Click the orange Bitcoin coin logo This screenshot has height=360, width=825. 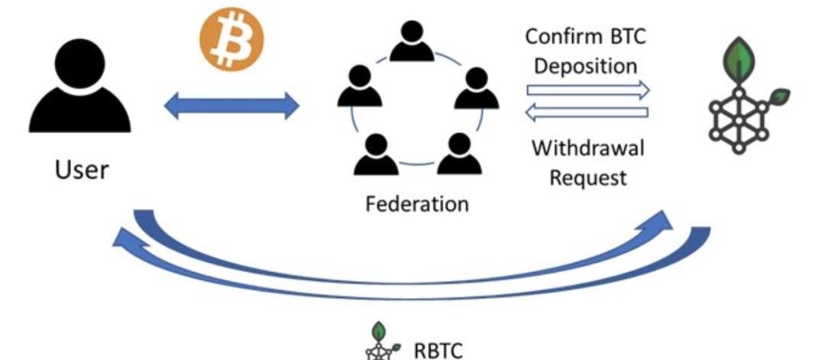pos(231,35)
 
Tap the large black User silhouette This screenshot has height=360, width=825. pos(79,88)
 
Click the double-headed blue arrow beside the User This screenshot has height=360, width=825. pos(231,104)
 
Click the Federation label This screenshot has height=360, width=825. pos(416,204)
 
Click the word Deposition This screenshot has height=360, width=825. pos(585,66)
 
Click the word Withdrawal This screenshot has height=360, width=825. pos(587,148)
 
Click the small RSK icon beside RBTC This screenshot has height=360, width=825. pos(380,343)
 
